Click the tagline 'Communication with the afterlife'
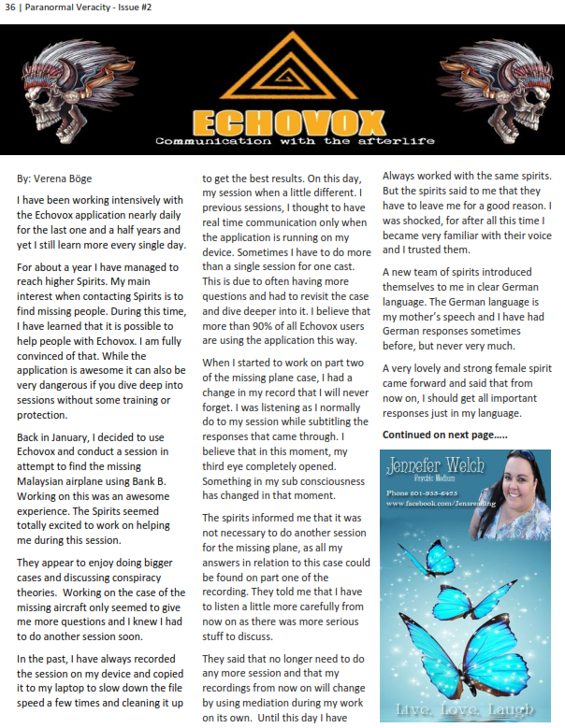pyautogui.click(x=282, y=141)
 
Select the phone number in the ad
pyautogui.click(x=422, y=492)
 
